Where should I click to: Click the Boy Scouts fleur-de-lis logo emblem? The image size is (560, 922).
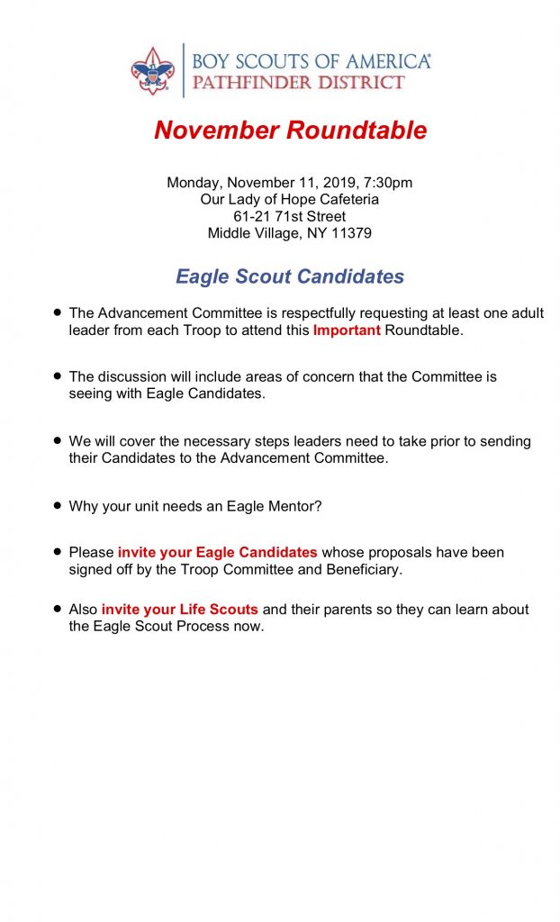(153, 70)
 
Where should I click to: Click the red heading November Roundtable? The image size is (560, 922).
(290, 131)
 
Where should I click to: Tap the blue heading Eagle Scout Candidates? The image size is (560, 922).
(290, 276)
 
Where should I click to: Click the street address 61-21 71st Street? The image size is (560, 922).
(290, 217)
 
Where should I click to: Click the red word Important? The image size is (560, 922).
(347, 330)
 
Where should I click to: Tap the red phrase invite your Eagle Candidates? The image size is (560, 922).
(217, 552)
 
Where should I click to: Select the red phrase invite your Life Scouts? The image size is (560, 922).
(179, 610)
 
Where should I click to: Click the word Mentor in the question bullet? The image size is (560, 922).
(292, 506)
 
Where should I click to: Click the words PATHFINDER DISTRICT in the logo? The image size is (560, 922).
(298, 83)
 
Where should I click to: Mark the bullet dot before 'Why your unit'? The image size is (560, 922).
(58, 505)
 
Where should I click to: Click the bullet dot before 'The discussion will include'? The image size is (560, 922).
(58, 375)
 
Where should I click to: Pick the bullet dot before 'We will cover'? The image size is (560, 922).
(58, 440)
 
